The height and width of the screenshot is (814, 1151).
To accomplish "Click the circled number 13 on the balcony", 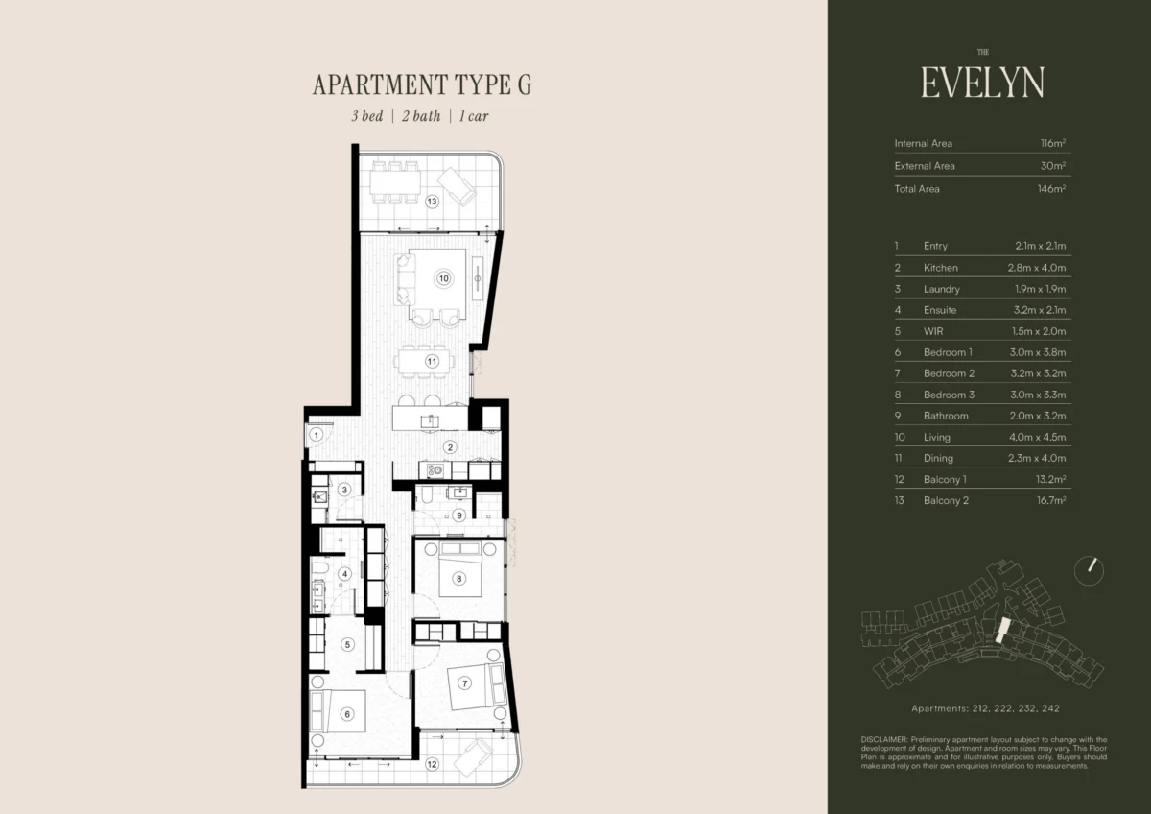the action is click(432, 202).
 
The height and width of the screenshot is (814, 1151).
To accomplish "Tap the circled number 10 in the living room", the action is click(443, 278).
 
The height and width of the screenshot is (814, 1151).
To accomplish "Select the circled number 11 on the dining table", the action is click(432, 362).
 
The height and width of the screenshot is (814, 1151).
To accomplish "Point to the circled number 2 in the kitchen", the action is click(450, 447).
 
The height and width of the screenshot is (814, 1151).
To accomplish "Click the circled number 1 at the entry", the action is click(316, 435).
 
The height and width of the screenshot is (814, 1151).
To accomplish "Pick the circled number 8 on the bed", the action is click(458, 579).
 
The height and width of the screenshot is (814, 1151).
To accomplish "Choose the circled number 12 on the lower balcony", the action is click(432, 764).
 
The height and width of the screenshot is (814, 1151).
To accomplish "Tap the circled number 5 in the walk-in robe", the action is click(347, 644).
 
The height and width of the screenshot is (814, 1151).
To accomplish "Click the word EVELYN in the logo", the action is click(982, 83).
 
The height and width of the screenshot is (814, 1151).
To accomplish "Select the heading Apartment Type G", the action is click(422, 84).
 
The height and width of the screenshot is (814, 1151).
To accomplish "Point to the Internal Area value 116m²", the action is click(1053, 143).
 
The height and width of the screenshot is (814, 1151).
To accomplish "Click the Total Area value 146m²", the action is click(1051, 189).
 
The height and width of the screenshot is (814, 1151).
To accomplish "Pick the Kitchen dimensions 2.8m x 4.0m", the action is click(1037, 268).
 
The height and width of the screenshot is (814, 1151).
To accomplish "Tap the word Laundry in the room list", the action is click(941, 289).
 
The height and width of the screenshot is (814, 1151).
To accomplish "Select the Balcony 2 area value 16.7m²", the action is click(1051, 500).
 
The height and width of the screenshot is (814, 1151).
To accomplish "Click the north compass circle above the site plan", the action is click(1089, 571).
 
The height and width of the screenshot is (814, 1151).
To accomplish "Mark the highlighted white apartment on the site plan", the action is click(1002, 631).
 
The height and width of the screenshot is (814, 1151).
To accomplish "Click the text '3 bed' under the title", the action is click(367, 116).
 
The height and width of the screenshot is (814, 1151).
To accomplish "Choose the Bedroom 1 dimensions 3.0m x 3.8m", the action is click(1038, 352).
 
